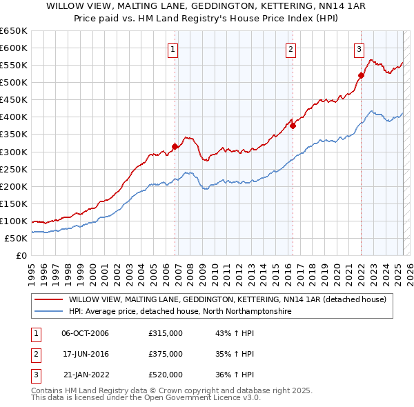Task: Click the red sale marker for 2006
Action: pyautogui.click(x=175, y=146)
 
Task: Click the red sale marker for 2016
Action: pyautogui.click(x=293, y=126)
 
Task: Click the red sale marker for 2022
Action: pyautogui.click(x=361, y=75)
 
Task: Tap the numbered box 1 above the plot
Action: pyautogui.click(x=172, y=49)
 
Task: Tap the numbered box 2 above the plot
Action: pyautogui.click(x=291, y=49)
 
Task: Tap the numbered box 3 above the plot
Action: pyautogui.click(x=359, y=49)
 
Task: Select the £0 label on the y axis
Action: pyautogui.click(x=21, y=255)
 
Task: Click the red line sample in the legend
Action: pyautogui.click(x=48, y=299)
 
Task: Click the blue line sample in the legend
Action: pyautogui.click(x=48, y=312)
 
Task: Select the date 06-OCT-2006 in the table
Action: pyautogui.click(x=85, y=334)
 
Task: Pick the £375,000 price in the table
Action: pyautogui.click(x=166, y=354)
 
